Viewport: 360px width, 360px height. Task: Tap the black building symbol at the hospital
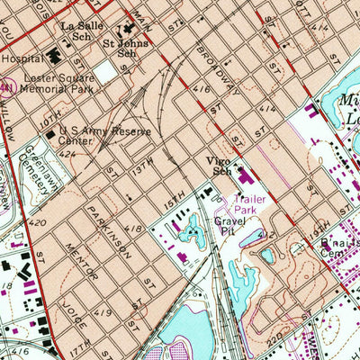coord(55,58)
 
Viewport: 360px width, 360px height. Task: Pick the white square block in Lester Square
coord(107,70)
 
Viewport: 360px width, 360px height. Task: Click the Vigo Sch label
coord(220,165)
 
